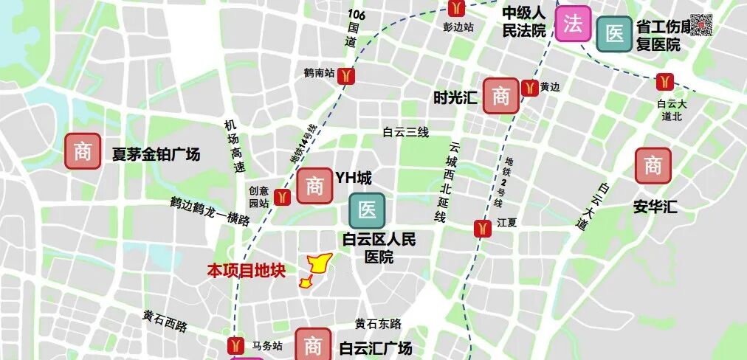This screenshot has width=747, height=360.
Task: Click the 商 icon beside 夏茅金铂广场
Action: click(x=83, y=151)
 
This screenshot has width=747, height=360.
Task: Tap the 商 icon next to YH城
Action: click(x=315, y=186)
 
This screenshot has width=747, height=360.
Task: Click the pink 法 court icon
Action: click(x=574, y=24)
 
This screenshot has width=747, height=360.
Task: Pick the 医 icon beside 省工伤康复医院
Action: click(x=614, y=34)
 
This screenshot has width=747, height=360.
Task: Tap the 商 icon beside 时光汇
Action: click(x=501, y=95)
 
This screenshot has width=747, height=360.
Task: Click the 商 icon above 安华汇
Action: click(x=653, y=166)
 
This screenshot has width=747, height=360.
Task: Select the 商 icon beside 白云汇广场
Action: click(x=313, y=345)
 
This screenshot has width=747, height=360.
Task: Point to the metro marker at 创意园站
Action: click(x=282, y=197)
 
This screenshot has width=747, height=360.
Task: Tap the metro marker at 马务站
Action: click(x=236, y=345)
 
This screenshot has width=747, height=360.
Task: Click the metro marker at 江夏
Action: click(x=483, y=229)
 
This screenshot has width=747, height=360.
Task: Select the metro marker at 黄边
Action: click(x=529, y=88)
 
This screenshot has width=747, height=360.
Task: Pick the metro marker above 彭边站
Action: click(x=458, y=8)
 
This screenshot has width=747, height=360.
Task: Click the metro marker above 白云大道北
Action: click(x=666, y=80)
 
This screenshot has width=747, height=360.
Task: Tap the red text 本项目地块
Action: click(x=246, y=271)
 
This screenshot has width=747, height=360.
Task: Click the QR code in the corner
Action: click(x=701, y=24)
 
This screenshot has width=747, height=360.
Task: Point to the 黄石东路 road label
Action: click(x=377, y=324)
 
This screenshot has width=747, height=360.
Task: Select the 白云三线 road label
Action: click(x=405, y=132)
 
